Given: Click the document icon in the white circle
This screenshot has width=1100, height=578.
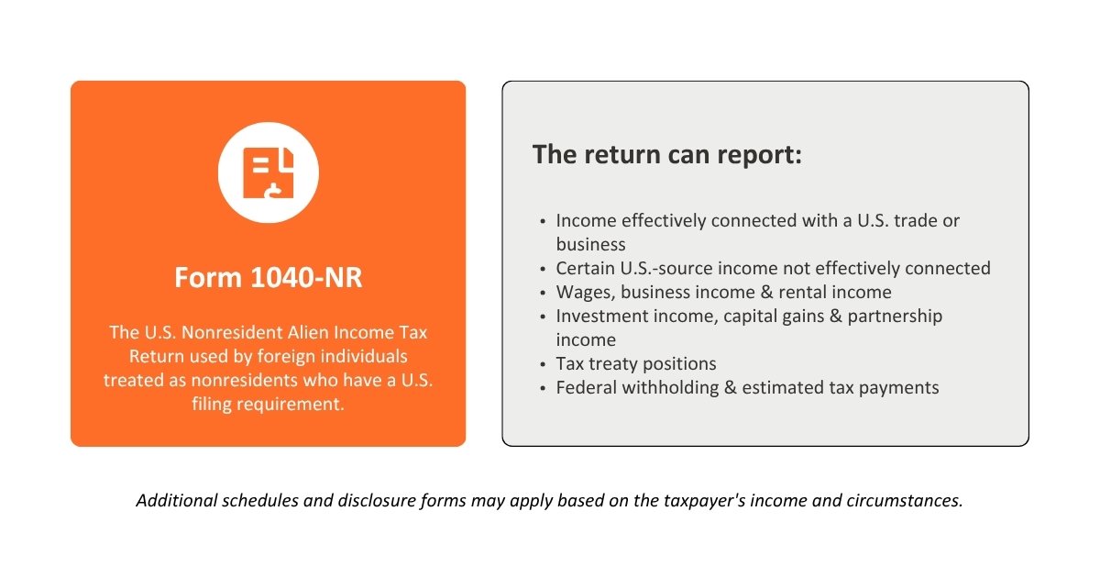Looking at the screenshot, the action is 268,172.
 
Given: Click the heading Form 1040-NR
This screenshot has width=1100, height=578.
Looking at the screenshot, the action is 268,277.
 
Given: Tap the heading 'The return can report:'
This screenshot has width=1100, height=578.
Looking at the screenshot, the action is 667,155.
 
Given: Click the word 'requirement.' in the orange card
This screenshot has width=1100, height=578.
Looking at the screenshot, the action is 291,405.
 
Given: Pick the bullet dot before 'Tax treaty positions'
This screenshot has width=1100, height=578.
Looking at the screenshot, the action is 543,365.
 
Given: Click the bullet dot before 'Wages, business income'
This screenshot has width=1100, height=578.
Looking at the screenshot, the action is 543,294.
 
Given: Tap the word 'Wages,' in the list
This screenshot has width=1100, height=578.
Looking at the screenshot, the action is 586,293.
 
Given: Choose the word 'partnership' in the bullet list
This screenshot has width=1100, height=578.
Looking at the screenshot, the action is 895,317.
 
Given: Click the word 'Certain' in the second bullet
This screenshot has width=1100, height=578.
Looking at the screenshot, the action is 586,268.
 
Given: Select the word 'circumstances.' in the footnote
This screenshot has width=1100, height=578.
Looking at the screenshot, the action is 905,501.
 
